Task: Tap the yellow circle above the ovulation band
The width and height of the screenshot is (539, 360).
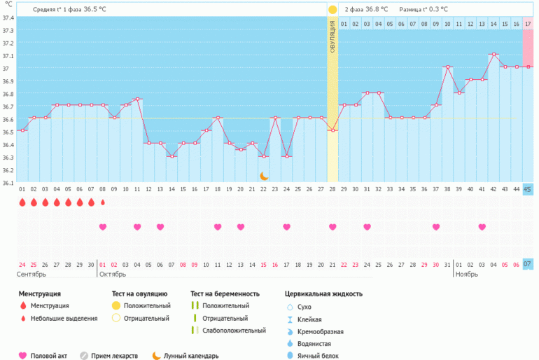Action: (x=332, y=10)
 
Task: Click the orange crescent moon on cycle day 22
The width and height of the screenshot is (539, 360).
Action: (x=264, y=176)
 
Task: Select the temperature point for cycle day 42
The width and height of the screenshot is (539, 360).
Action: (x=493, y=54)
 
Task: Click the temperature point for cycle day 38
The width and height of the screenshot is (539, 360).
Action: (x=447, y=67)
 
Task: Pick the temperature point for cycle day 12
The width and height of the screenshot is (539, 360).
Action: (x=148, y=143)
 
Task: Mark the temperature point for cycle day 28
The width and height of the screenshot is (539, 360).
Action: (x=332, y=130)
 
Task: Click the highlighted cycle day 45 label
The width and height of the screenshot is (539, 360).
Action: (x=528, y=189)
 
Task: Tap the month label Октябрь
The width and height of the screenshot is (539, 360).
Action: (x=113, y=275)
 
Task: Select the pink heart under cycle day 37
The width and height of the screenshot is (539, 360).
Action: (x=436, y=227)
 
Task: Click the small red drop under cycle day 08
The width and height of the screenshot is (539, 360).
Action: (x=103, y=202)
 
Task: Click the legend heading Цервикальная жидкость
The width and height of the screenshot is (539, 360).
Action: (x=323, y=294)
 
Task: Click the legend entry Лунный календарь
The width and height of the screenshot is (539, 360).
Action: (x=191, y=356)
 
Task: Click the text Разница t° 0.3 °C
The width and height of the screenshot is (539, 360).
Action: (x=423, y=10)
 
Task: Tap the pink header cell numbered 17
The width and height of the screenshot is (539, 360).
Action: (x=528, y=24)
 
